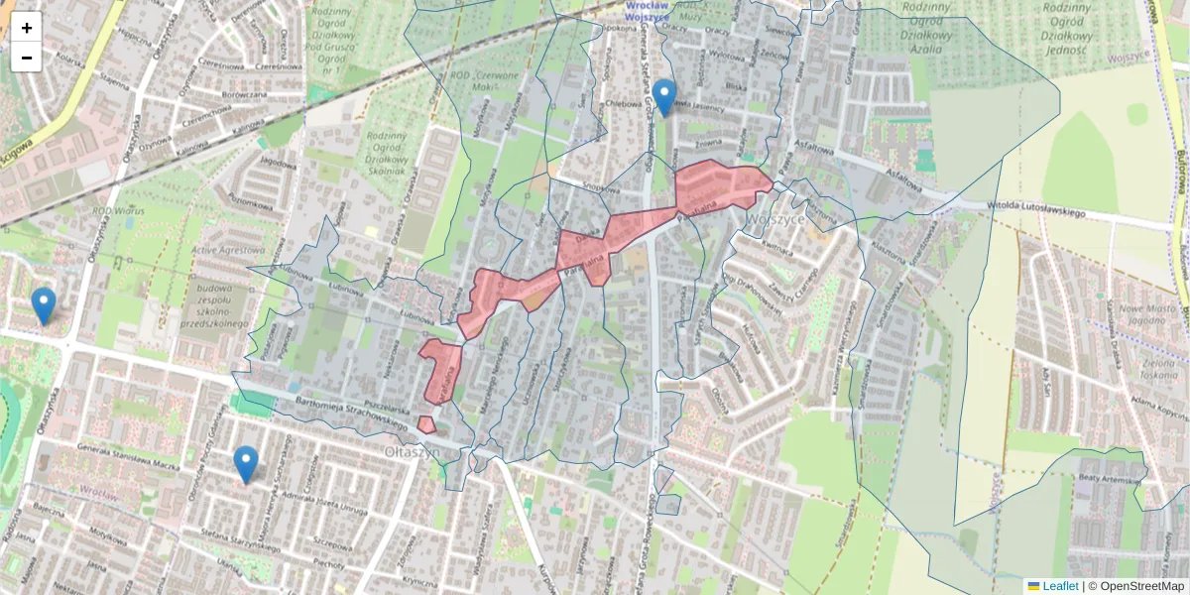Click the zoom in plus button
tap(27, 28)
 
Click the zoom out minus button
tap(27, 58)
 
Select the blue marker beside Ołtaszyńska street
tap(44, 305)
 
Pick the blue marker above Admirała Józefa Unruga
tap(246, 464)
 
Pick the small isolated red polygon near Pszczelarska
tap(426, 424)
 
